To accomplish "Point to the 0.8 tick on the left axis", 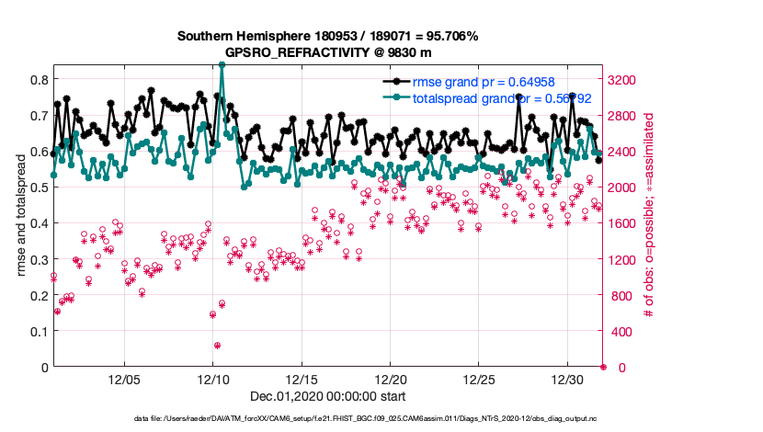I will [40, 79].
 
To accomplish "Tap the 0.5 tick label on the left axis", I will [40, 188].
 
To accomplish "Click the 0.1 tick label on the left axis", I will [40, 332].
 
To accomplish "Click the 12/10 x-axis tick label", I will [213, 380].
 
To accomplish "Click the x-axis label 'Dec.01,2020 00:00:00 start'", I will [327, 398].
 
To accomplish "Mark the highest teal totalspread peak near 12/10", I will [222, 65].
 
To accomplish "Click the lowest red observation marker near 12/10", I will [217, 346].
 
